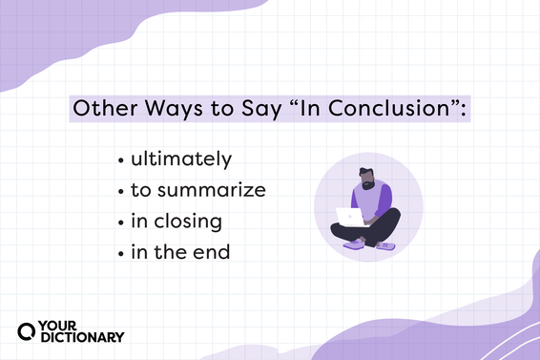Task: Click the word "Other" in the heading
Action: coord(106,109)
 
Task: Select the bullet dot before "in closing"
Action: coord(118,222)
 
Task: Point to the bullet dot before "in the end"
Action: coord(118,254)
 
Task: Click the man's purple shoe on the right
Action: coord(385,245)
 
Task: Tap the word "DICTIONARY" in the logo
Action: coord(82,337)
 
